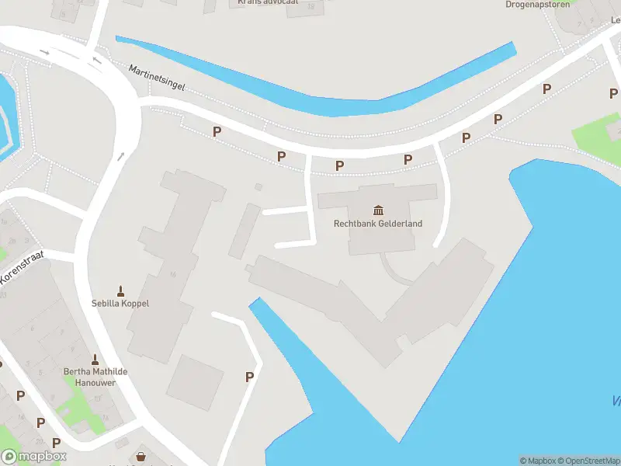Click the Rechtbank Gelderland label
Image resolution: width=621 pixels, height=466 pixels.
378,224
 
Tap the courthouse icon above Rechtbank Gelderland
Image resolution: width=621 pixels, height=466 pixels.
378,210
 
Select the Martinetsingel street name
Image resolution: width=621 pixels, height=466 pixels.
157,77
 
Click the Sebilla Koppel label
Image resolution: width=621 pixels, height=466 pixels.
120,303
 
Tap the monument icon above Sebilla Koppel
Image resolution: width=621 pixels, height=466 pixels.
120,291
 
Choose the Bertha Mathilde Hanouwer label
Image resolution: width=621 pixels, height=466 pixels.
95,377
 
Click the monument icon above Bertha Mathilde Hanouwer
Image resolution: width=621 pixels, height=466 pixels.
95,360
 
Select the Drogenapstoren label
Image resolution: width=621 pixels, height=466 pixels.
537,4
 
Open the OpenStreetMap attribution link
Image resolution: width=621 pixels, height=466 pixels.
592,461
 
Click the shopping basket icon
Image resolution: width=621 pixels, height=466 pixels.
141,457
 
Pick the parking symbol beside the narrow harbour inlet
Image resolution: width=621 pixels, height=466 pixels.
250,377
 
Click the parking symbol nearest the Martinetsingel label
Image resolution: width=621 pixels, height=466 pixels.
217,132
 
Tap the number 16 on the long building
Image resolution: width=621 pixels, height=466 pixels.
172,274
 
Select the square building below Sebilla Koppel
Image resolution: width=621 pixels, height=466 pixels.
195,382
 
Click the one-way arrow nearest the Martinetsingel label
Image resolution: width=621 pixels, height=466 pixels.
97,60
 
